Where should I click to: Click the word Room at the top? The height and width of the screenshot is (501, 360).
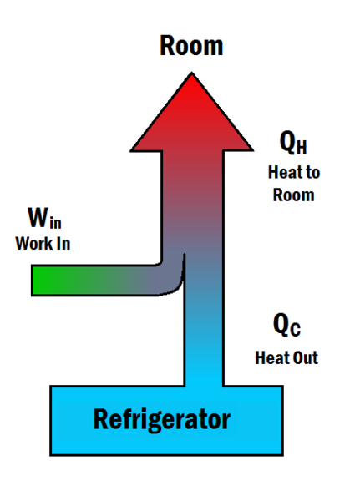[191, 46]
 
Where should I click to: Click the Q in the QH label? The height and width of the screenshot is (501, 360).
[287, 143]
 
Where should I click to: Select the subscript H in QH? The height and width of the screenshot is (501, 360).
[302, 147]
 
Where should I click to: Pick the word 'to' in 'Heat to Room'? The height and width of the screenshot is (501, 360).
[313, 173]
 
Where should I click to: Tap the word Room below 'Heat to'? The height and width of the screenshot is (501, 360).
[293, 195]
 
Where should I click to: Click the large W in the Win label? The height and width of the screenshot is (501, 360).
[38, 217]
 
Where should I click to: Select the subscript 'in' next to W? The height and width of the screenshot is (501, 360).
[55, 222]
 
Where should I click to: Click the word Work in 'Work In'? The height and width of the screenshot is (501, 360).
[34, 244]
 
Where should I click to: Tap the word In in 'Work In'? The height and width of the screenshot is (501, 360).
[63, 244]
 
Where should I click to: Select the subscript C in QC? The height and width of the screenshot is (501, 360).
[295, 329]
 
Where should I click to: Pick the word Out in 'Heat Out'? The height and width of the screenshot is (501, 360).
[306, 358]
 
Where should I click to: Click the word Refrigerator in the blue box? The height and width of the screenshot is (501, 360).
[162, 420]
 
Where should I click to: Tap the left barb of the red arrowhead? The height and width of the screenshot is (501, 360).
[132, 149]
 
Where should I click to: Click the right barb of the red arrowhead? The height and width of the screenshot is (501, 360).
[252, 149]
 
